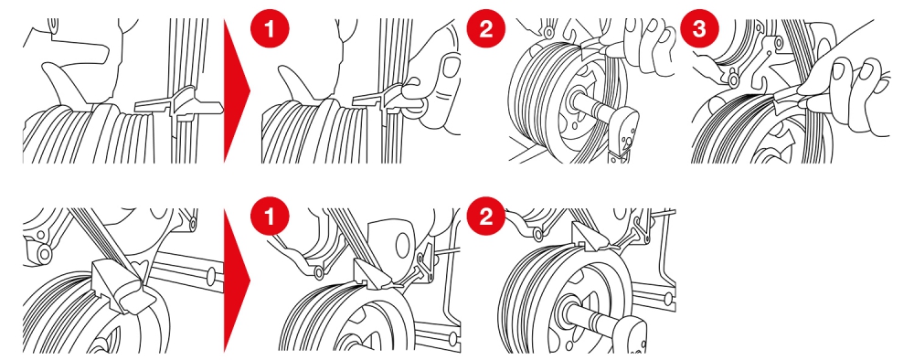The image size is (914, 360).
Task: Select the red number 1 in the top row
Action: coord(269,28)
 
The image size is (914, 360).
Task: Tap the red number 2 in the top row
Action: coord(485,28)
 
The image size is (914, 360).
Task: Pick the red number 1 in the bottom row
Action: coord(269,217)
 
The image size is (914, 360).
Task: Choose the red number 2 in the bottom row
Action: coord(485,217)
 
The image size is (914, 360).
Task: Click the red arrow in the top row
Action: coord(236,90)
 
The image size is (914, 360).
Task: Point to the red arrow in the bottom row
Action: coord(236,281)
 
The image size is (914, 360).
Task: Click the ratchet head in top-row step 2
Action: coord(623,125)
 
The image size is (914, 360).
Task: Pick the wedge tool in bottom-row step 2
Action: coord(588,238)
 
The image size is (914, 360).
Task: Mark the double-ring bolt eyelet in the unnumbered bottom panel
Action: coord(43,251)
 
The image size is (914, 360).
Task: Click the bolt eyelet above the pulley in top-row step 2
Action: coord(548,33)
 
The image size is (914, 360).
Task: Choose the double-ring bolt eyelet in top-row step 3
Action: coord(733,77)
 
